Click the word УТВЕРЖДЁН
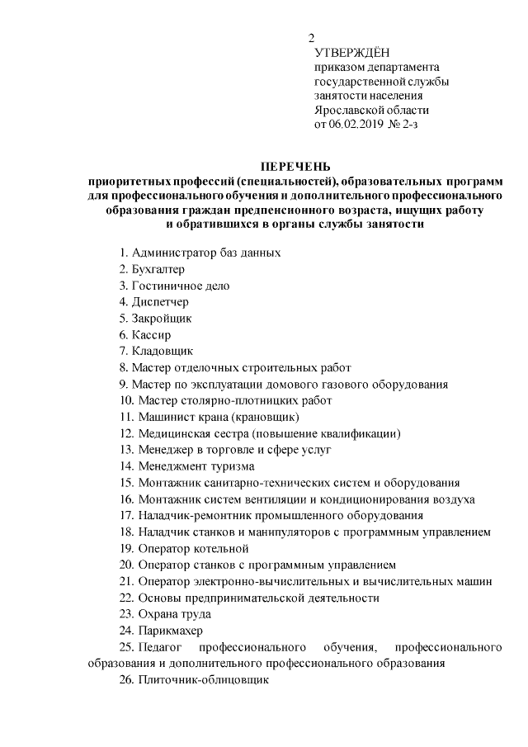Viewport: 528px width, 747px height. (351, 53)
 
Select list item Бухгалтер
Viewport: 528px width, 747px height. (158, 269)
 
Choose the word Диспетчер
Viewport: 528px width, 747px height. (159, 302)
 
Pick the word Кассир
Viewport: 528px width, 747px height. (150, 335)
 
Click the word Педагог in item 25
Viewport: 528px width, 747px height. (162, 646)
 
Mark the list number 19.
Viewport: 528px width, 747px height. (125, 548)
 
